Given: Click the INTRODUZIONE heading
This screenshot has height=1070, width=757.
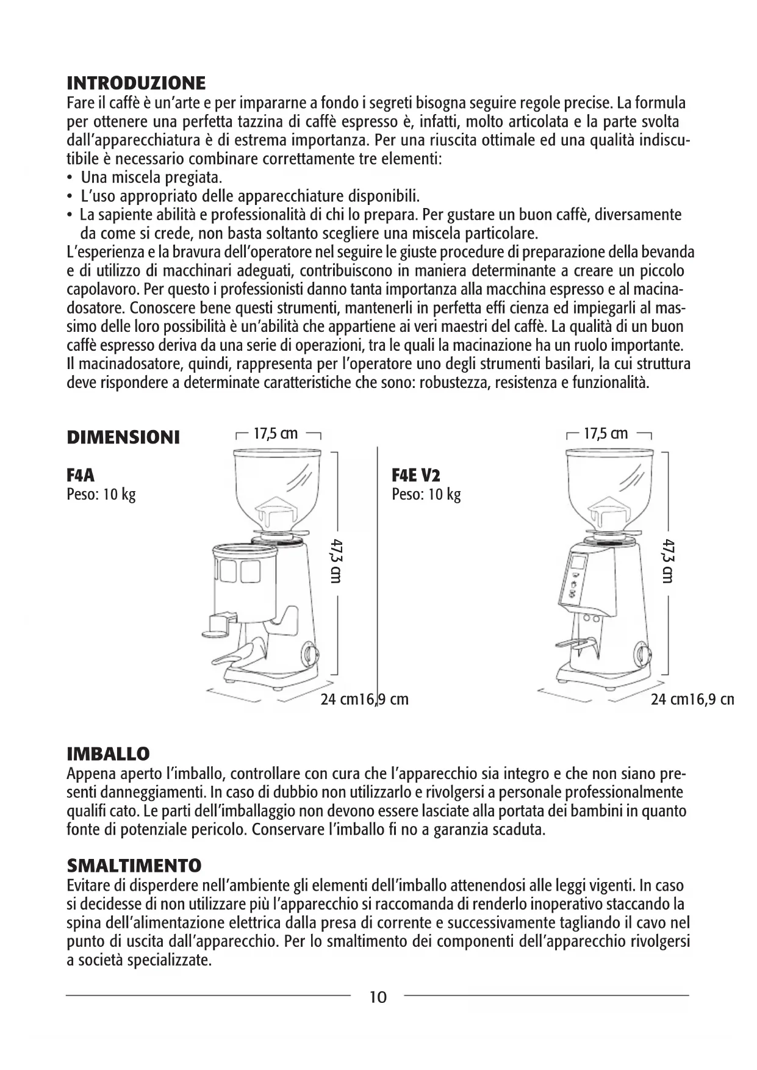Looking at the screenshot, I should coord(136,83).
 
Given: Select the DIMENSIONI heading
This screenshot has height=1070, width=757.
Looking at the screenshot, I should coord(123,437).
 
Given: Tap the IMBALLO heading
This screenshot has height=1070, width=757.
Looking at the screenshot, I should coord(108,753).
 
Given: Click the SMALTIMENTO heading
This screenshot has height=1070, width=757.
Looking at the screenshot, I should coord(134,866).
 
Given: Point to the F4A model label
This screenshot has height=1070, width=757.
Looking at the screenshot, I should coord(81,475).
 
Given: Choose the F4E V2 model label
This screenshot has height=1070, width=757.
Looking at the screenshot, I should coord(416,475).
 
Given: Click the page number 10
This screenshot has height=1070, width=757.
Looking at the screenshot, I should coord(378,997).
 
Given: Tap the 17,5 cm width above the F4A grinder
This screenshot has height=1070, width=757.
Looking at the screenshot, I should coord(276,434).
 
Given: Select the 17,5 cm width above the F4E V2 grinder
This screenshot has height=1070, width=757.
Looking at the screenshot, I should coord(606,434).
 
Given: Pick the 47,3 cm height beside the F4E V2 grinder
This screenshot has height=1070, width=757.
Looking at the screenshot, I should coord(668,561).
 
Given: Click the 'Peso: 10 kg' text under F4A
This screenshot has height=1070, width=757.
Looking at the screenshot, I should coord(101,494).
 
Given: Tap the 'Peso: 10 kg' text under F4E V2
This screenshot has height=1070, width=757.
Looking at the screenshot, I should coord(426,494).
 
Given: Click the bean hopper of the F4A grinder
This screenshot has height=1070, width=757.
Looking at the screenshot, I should coord(278,482).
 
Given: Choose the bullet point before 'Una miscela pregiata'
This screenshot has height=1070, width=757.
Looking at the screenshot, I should coord(70,178).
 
